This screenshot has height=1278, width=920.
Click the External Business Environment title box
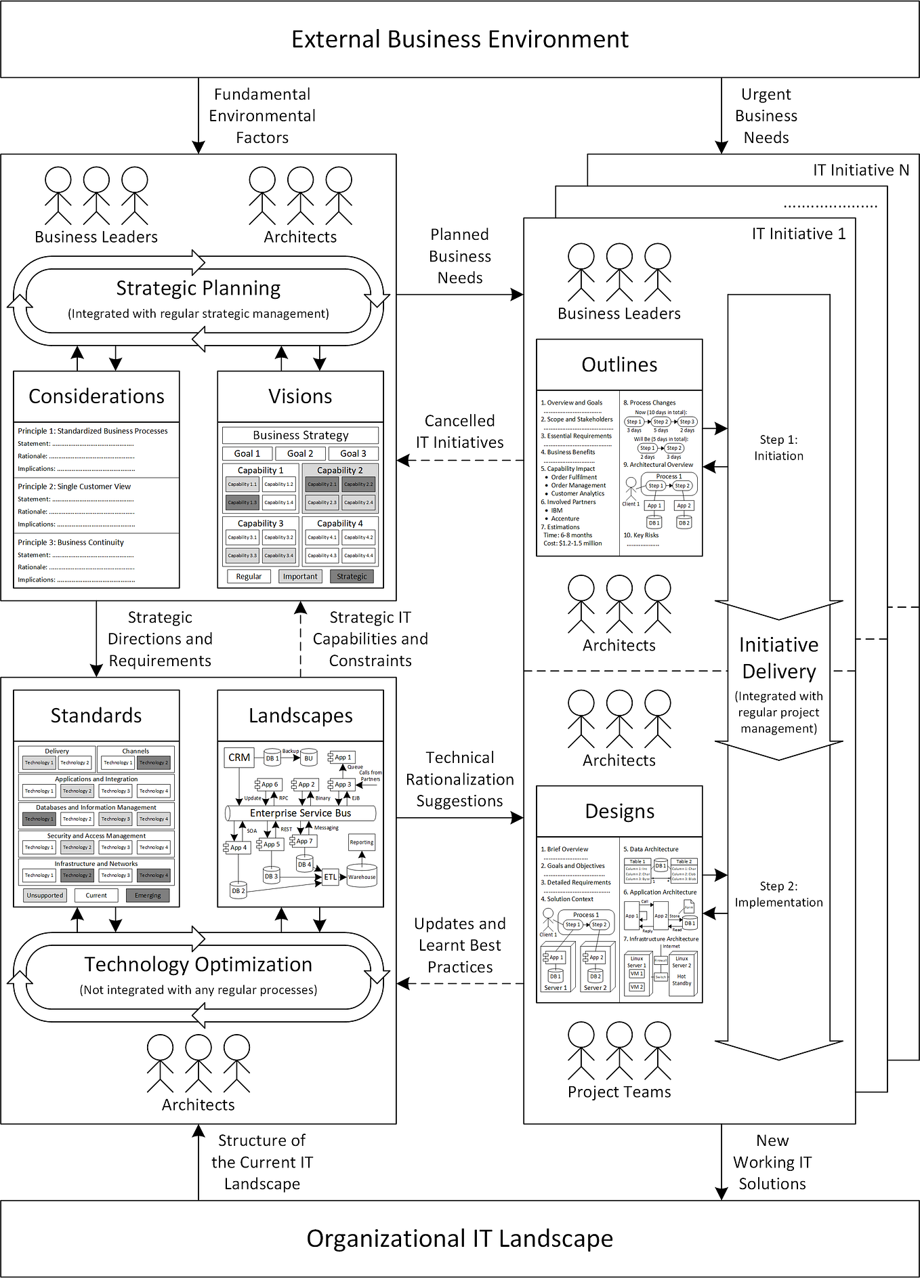click(459, 39)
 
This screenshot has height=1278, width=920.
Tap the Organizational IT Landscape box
click(459, 1239)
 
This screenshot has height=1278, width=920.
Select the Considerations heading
click(96, 396)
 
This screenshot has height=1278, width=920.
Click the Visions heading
click(300, 396)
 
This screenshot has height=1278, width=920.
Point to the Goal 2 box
click(300, 453)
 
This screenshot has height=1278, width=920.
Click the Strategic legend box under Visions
click(352, 577)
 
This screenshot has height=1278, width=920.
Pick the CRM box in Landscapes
click(239, 758)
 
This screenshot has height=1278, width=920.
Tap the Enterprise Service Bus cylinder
click(300, 813)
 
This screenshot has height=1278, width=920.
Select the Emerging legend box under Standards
click(148, 895)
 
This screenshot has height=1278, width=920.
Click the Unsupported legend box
click(45, 895)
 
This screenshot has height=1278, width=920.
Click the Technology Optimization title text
click(198, 964)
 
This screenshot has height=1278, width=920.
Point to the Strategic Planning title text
click(198, 288)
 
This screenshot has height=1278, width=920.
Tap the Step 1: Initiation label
click(778, 448)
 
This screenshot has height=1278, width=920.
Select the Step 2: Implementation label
click(778, 894)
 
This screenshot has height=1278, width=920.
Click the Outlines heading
click(619, 365)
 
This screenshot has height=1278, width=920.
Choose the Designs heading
click(619, 811)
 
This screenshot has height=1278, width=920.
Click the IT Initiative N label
click(860, 170)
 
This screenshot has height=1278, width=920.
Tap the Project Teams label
click(619, 1092)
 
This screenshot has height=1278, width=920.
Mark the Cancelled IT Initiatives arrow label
click(459, 432)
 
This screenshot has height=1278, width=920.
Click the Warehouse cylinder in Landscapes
click(362, 875)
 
